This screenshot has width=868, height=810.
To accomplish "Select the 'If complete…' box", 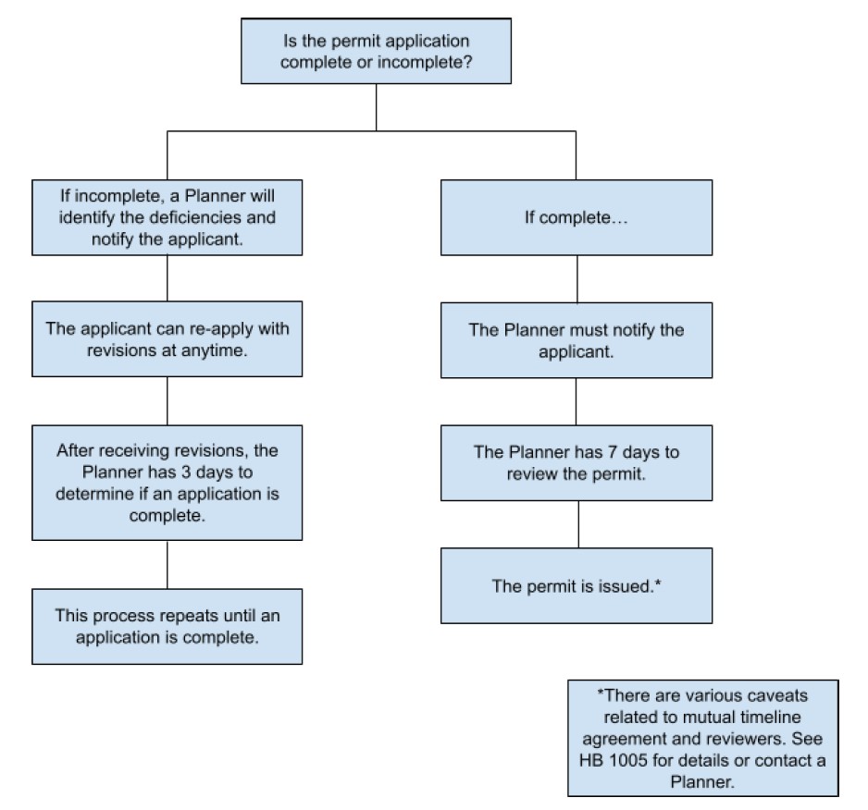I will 576,217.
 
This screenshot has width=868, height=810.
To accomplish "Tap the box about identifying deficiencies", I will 167,217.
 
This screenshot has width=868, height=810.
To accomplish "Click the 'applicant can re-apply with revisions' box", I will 167,338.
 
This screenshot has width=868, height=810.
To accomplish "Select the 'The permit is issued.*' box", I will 576,585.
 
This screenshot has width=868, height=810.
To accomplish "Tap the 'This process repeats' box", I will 167,626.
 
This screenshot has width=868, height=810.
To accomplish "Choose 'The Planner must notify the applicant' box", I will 576,339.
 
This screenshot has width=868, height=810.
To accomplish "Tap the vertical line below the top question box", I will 376,107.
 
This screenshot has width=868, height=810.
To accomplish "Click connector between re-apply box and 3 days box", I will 167,400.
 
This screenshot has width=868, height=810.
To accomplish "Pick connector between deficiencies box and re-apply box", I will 167,277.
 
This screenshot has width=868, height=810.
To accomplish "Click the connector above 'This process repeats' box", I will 167,564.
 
